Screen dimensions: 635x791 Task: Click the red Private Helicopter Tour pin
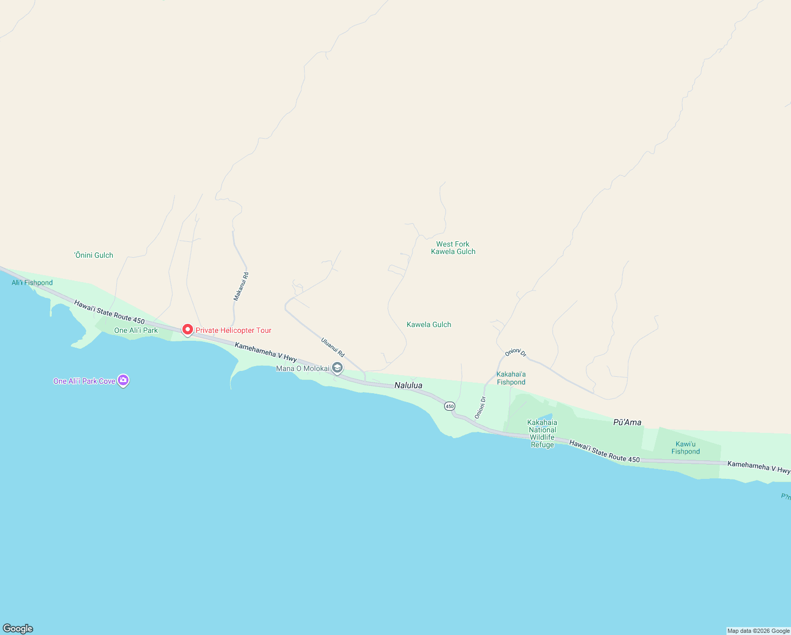coord(187,329)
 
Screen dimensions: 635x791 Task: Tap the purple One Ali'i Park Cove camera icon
coord(123,380)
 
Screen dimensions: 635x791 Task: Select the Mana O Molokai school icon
coord(337,368)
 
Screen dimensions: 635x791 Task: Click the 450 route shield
coord(449,406)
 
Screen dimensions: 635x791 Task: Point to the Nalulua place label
coord(408,385)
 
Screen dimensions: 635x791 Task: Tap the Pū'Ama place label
coord(627,422)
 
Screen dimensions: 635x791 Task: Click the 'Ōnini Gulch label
coord(94,255)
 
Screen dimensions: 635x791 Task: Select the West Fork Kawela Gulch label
coord(453,248)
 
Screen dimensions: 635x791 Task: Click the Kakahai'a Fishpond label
coord(511,378)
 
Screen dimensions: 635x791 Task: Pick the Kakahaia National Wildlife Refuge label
coord(542,433)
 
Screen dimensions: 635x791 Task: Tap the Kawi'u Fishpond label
coord(686,448)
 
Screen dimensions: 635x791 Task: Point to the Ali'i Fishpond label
coord(32,283)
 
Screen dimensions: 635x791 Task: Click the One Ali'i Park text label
coord(136,330)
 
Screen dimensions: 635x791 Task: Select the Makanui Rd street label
coord(241,287)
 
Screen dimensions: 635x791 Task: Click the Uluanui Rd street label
coord(333,347)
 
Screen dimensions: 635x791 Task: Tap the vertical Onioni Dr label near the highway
coord(480,407)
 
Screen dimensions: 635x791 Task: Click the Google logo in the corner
coord(18,629)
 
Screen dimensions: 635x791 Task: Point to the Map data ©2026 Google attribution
coord(758,631)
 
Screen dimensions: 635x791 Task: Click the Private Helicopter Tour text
coord(233,330)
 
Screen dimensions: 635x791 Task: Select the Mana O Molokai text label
coord(302,368)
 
